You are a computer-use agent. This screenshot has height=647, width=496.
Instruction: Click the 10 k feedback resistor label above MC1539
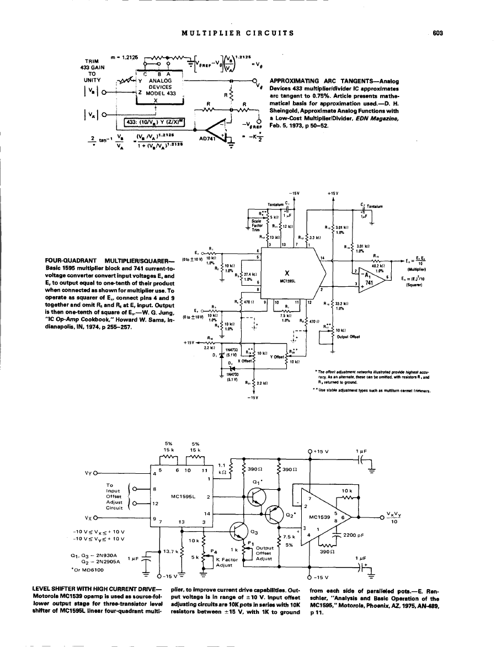347,490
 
